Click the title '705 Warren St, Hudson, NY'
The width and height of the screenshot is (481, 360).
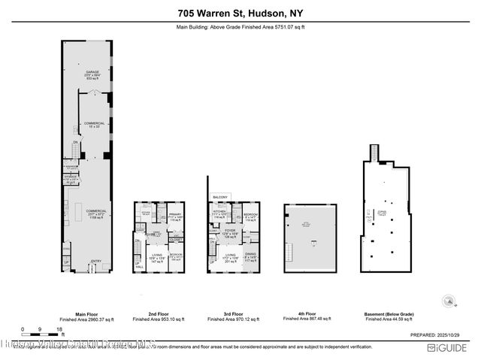click(x=240, y=13)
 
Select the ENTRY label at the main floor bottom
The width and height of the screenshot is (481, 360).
click(x=95, y=262)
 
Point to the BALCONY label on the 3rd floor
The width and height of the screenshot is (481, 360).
click(x=219, y=197)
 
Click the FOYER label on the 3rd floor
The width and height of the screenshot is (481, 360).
click(x=231, y=232)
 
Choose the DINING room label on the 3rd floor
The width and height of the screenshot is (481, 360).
click(x=250, y=256)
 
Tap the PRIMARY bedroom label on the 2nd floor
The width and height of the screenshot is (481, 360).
click(x=175, y=215)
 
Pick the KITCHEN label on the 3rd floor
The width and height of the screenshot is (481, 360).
click(x=220, y=211)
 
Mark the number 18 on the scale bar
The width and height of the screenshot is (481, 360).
click(x=59, y=329)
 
